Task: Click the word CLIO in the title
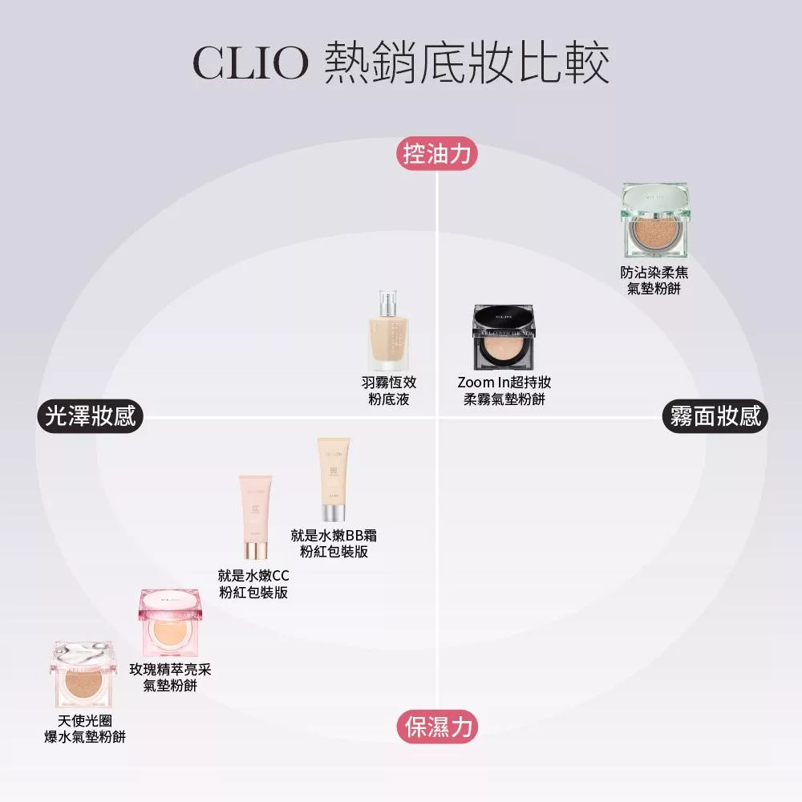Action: tap(250, 63)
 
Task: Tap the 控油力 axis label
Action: tap(437, 153)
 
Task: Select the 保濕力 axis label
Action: tap(437, 727)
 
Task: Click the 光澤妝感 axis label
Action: tap(90, 417)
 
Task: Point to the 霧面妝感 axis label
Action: tap(715, 417)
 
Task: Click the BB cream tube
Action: tap(333, 479)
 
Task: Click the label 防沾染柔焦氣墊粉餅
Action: tap(654, 281)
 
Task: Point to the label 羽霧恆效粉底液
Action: tap(389, 391)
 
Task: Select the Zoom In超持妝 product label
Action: tap(504, 391)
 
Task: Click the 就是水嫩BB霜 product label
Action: tap(334, 543)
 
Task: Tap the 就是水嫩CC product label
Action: tap(253, 584)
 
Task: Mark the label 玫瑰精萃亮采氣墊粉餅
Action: tap(171, 678)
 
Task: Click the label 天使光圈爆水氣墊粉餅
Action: tap(84, 729)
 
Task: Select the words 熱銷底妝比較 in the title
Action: tap(468, 63)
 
